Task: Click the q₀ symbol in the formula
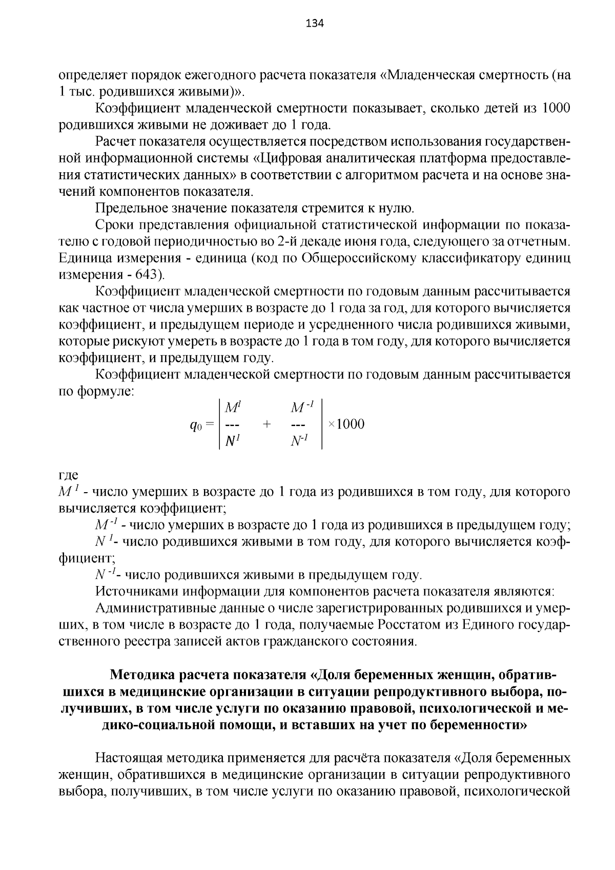pyautogui.click(x=197, y=425)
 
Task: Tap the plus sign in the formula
pyautogui.click(x=266, y=424)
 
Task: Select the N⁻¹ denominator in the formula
pyautogui.click(x=299, y=440)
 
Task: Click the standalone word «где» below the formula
pyautogui.click(x=68, y=475)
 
